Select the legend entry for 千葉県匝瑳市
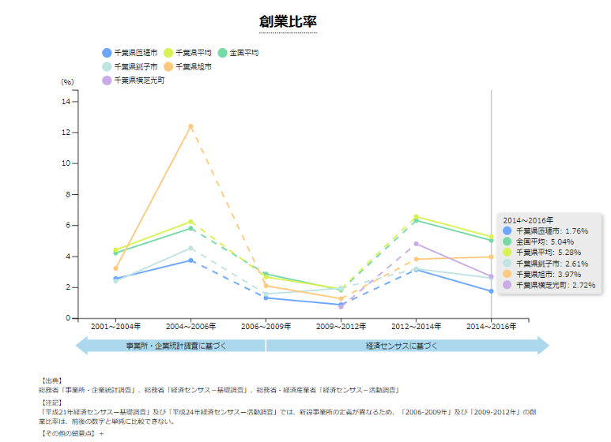[135, 53]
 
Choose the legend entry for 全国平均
[243, 53]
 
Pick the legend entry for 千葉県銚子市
[135, 67]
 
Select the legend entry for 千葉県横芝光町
[139, 81]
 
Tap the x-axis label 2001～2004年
[115, 326]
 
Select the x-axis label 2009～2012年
[341, 326]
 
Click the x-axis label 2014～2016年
[491, 326]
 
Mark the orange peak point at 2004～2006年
[190, 126]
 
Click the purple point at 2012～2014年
[416, 244]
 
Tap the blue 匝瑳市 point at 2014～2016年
[491, 291]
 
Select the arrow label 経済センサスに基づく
[402, 346]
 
